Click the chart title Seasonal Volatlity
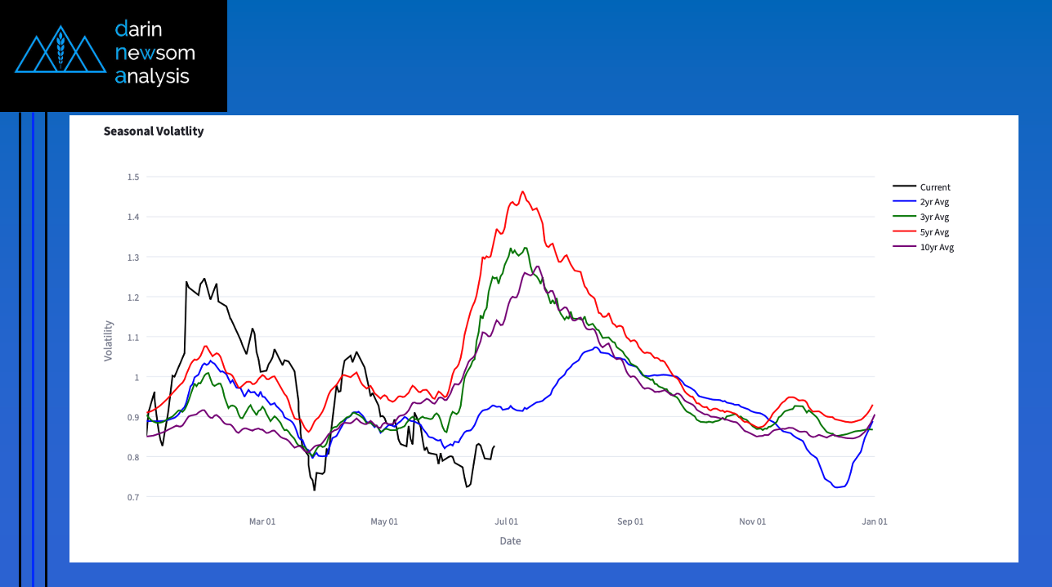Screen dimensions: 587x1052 tap(154, 131)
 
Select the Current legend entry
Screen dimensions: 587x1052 tap(935, 187)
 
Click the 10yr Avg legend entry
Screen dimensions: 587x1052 tap(937, 248)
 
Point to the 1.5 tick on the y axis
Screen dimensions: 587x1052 tap(133, 177)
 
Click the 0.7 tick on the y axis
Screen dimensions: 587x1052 tap(133, 497)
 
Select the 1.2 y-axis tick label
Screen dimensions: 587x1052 tap(133, 297)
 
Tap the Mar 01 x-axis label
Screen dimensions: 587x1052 tap(262, 522)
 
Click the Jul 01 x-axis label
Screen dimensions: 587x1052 tap(507, 522)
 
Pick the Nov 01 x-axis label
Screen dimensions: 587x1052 tap(752, 522)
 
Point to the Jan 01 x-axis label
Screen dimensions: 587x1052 tap(875, 522)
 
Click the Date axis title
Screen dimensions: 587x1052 tap(510, 541)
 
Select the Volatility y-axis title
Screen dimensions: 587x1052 tap(109, 341)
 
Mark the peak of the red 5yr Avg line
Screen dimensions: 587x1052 tap(522, 192)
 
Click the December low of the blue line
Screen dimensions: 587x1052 tap(837, 487)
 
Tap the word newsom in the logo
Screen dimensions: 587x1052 tap(155, 53)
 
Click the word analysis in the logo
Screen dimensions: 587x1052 tap(152, 77)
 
